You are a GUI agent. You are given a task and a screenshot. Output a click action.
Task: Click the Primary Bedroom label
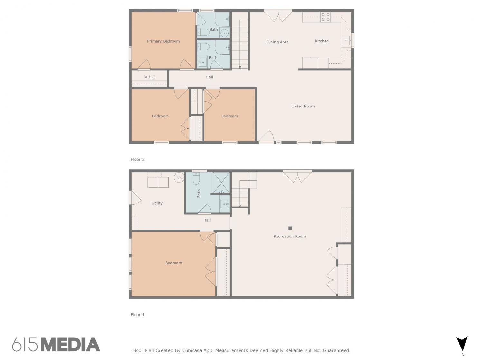[163, 41]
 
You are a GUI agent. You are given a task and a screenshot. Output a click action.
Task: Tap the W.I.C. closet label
[150, 77]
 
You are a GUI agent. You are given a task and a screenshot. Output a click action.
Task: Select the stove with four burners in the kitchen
[326, 17]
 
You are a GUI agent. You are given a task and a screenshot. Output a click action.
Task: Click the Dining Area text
[277, 42]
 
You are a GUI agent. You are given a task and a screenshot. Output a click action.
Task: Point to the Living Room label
[303, 106]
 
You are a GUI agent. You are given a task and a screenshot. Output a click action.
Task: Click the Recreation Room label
[289, 236]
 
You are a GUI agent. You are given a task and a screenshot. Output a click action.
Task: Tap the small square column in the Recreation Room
[290, 228]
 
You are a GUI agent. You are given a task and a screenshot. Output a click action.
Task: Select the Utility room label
[157, 203]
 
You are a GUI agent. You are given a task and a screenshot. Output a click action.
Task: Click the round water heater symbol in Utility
[179, 177]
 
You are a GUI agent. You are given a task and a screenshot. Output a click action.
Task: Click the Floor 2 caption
[137, 160]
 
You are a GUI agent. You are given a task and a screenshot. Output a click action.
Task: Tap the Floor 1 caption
[137, 315]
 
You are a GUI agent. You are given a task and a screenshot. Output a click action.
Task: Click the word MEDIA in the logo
[71, 345]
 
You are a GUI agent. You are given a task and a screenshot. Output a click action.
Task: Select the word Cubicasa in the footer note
[192, 350]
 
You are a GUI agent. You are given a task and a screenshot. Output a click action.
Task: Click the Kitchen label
[322, 41]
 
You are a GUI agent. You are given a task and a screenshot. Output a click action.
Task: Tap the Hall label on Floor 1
[207, 220]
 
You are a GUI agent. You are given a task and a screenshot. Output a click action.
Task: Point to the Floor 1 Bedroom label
[173, 263]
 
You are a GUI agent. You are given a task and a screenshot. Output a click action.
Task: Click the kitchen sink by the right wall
[346, 41]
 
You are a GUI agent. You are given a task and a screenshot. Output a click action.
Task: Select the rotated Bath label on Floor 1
[199, 194]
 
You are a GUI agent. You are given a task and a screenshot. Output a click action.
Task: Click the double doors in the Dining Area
[278, 16]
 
